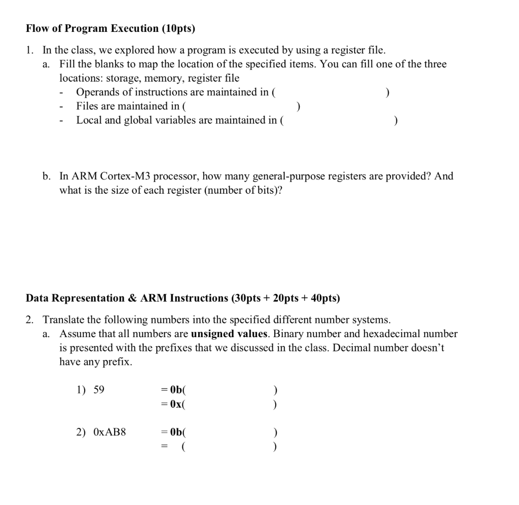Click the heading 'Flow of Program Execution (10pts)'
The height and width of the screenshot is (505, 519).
(x=110, y=28)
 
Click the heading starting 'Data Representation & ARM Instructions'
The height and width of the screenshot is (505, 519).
(x=183, y=298)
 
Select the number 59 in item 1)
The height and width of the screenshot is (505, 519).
(x=99, y=390)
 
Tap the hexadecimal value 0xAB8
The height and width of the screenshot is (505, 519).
(x=109, y=432)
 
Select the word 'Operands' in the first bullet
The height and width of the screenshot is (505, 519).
(x=95, y=92)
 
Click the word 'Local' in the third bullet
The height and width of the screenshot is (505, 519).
(x=88, y=121)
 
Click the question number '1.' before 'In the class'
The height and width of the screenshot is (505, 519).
(x=30, y=50)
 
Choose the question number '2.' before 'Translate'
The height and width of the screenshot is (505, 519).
(x=30, y=320)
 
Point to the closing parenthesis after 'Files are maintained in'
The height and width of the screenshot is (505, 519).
(x=299, y=106)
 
